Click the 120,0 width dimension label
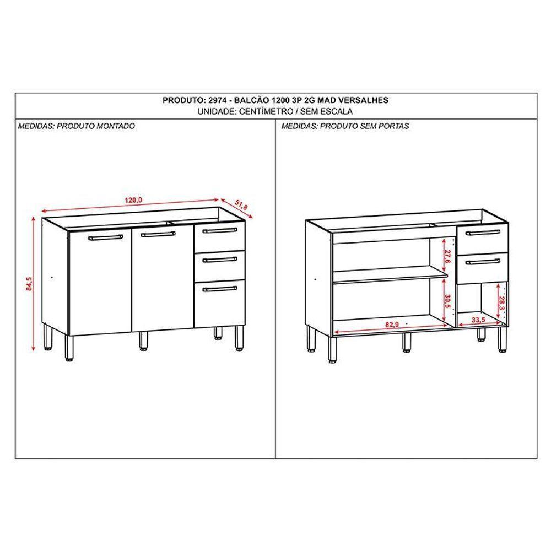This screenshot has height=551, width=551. click(x=133, y=200)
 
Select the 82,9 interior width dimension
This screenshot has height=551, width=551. click(x=392, y=325)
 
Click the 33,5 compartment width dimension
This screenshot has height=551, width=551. click(x=479, y=320)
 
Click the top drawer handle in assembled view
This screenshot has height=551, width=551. click(x=219, y=230)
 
